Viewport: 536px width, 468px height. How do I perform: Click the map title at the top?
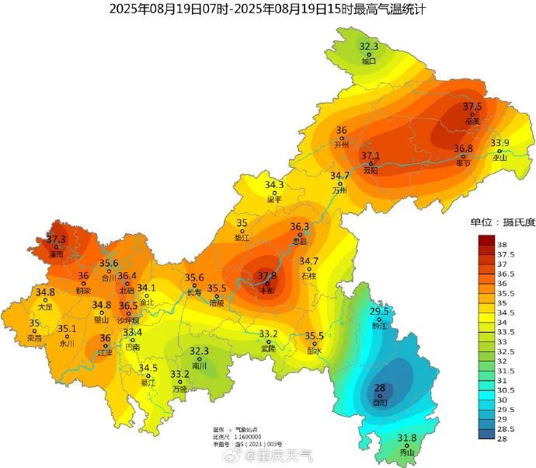click(x=268, y=9)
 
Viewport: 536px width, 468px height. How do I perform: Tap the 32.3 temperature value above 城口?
click(x=369, y=47)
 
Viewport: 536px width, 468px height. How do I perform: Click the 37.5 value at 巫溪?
click(x=472, y=107)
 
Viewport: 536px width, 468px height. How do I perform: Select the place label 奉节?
click(x=464, y=162)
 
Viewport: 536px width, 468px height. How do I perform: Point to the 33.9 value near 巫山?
click(x=499, y=143)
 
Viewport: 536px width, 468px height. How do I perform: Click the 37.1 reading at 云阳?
click(x=371, y=156)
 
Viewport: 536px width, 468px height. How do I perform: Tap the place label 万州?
click(x=339, y=190)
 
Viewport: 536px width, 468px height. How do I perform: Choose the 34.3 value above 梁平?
click(x=274, y=185)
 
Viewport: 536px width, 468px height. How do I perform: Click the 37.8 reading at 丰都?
click(x=267, y=276)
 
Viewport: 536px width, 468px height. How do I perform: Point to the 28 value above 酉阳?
click(x=381, y=388)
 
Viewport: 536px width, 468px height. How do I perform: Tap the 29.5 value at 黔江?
click(x=379, y=312)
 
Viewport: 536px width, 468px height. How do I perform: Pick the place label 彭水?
click(x=314, y=350)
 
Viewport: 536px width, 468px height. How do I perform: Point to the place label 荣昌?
click(x=34, y=338)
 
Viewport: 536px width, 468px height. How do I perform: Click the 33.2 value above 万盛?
click(x=180, y=375)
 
